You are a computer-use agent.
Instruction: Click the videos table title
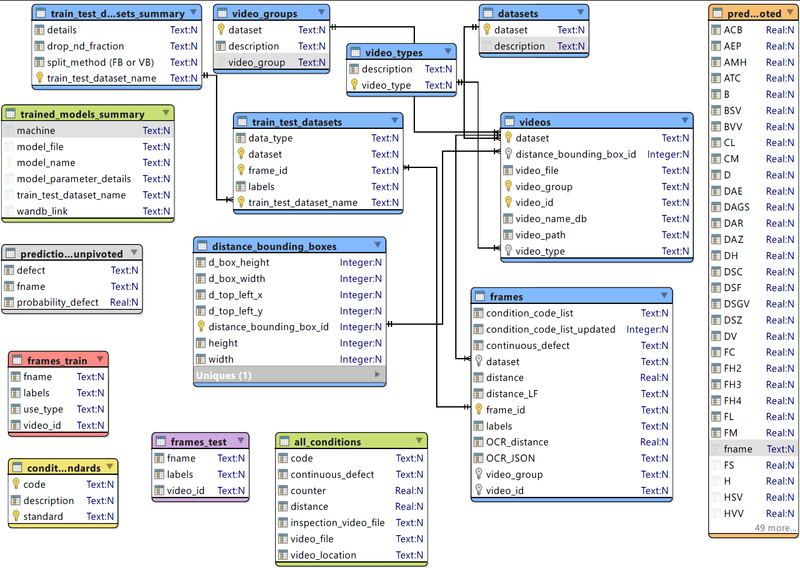click(x=535, y=122)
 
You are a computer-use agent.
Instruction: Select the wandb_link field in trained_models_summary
click(x=42, y=211)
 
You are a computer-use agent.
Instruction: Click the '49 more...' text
click(x=775, y=528)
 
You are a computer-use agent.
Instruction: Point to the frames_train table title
click(x=57, y=361)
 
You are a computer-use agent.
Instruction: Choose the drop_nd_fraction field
click(x=85, y=46)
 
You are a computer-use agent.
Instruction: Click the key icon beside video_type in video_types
click(x=354, y=85)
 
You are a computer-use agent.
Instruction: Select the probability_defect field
click(x=58, y=302)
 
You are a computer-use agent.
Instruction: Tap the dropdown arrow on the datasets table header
click(x=581, y=12)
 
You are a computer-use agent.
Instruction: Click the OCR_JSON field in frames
click(x=510, y=458)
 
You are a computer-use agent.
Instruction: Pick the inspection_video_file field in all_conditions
click(x=337, y=523)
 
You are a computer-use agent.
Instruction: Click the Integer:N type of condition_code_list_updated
click(x=647, y=329)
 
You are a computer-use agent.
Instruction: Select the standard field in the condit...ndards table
click(x=43, y=516)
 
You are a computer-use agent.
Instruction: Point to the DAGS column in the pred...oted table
click(x=736, y=207)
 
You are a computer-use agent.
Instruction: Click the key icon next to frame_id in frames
click(x=479, y=410)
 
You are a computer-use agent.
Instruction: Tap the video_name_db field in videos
click(x=551, y=219)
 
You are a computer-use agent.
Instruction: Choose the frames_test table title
click(x=198, y=442)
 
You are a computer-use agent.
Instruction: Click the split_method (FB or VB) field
click(x=100, y=62)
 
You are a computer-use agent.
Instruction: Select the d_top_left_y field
click(x=235, y=311)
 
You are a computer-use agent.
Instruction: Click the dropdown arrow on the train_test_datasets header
click(x=395, y=121)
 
